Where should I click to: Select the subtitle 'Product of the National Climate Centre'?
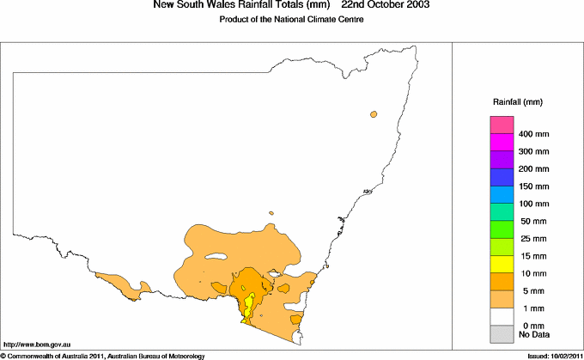point(292,20)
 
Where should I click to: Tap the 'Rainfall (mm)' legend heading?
point(517,102)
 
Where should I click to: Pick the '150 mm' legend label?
point(534,186)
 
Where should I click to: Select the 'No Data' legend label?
point(534,333)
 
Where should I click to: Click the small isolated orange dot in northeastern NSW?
point(374,114)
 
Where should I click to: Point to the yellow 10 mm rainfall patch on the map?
point(249,305)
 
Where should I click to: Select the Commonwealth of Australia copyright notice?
point(103,355)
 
